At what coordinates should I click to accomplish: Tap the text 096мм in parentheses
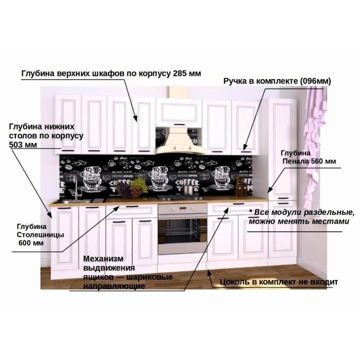(317, 82)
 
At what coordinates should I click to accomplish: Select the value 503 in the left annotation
(16, 145)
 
